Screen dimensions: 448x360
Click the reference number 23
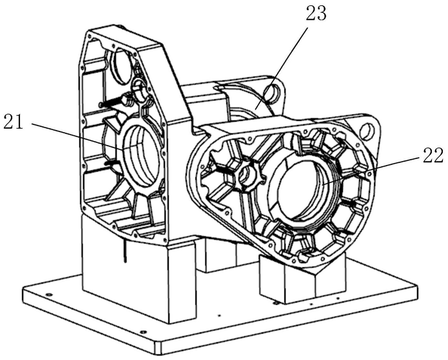pos(316,14)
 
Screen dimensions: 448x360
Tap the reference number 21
pos(13,122)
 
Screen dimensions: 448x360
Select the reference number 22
pos(433,156)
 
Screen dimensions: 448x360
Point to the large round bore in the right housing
pos(305,189)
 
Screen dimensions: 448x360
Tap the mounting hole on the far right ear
pos(367,130)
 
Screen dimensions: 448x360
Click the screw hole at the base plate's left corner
pos(48,294)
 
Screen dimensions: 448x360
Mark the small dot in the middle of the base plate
pos(219,315)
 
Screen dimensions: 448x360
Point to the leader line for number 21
pos(78,137)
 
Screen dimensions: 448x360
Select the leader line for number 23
pos(282,69)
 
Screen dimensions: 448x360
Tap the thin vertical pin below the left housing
pos(124,251)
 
